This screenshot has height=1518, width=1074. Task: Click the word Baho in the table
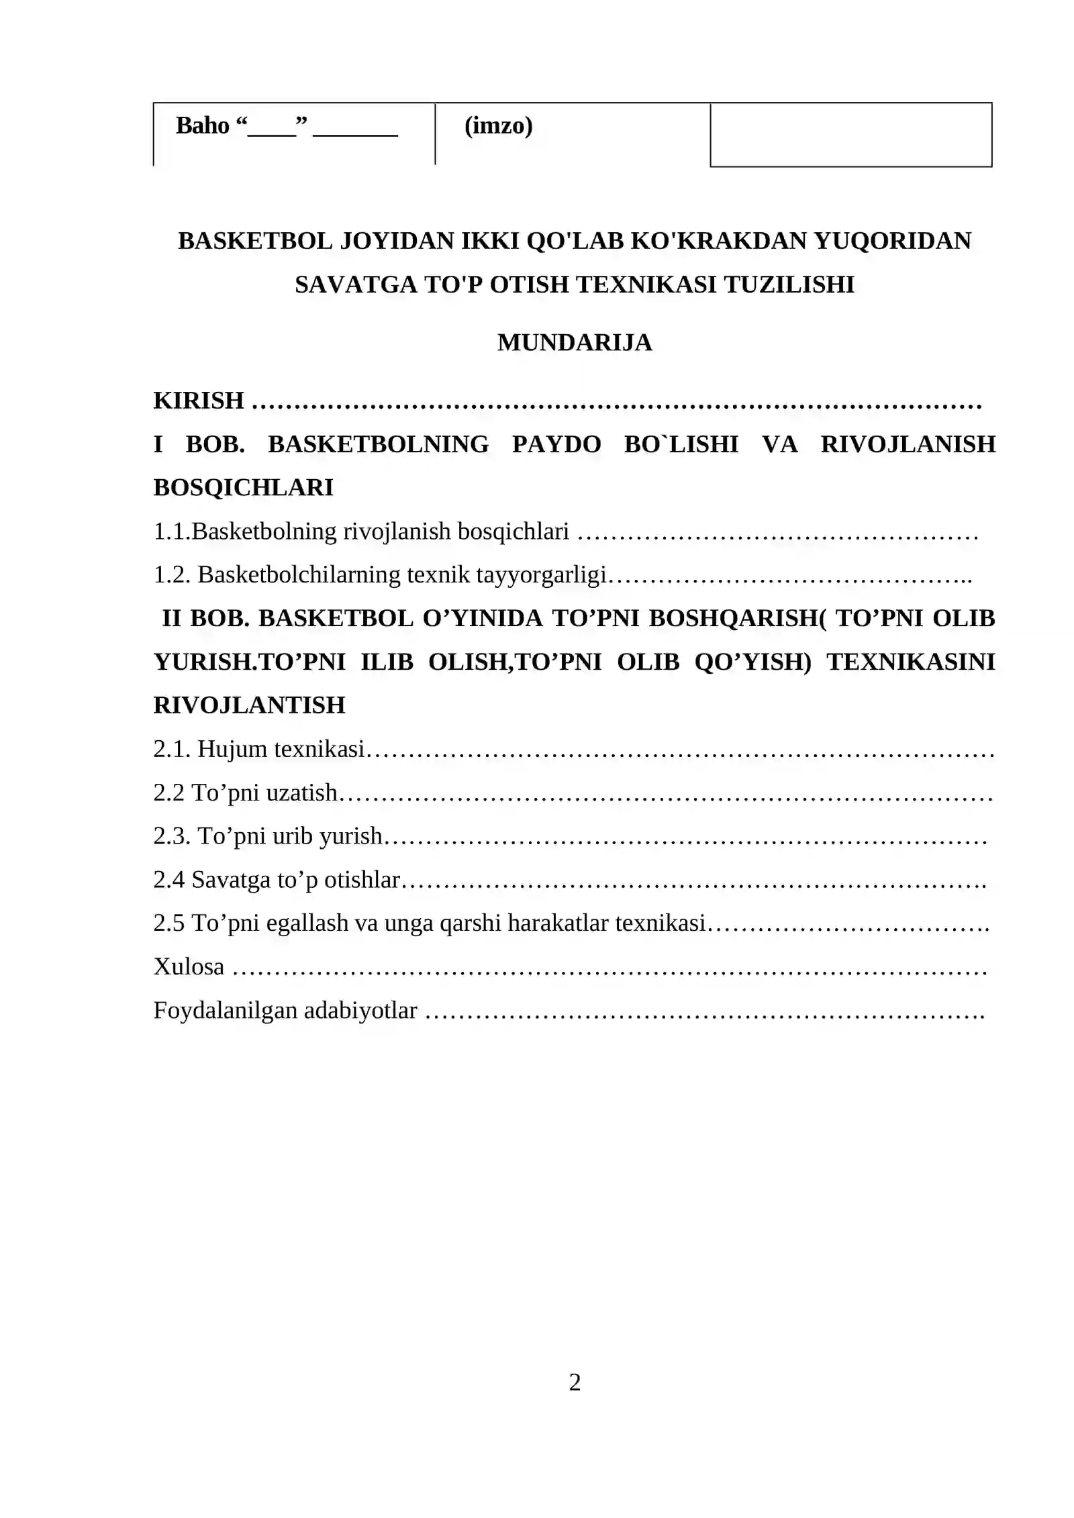coord(202,125)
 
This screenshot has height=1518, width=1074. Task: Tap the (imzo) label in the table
coord(498,125)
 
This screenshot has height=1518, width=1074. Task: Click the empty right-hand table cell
coord(850,134)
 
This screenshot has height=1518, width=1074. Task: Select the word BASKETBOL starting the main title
coord(255,241)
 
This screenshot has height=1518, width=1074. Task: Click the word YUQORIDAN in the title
coord(893,241)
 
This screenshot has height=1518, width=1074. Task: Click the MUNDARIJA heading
coord(575,342)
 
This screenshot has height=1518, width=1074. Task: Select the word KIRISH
coord(199,401)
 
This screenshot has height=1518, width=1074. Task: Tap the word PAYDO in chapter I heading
coord(556,444)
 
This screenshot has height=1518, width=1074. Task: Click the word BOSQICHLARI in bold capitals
coord(243,488)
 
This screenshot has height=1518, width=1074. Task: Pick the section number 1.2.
coord(172,575)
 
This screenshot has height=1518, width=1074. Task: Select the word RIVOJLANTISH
coord(249,705)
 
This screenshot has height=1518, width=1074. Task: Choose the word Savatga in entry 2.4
coord(232,880)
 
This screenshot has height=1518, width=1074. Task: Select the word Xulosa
coord(189,967)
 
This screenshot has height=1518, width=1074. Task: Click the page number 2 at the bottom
coord(575,1382)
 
